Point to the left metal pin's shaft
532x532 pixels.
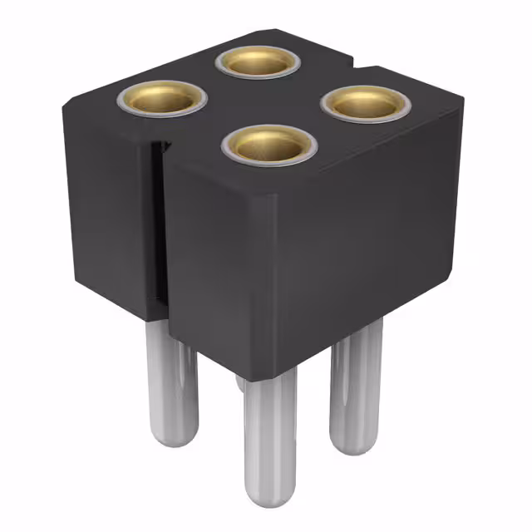171,374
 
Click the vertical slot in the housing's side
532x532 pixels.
155,224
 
